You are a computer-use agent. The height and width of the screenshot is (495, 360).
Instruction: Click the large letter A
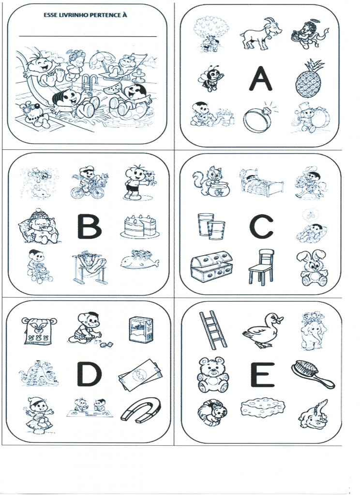(260, 78)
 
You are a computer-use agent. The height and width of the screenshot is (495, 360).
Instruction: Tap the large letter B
(90, 226)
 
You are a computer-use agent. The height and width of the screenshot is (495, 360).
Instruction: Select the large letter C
(261, 226)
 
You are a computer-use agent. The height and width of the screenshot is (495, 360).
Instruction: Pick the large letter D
(90, 374)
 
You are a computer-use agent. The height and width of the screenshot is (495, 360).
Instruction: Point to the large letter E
(263, 375)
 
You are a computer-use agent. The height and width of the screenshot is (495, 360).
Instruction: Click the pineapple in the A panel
(309, 78)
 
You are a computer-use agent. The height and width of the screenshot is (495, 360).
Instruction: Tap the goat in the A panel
(261, 33)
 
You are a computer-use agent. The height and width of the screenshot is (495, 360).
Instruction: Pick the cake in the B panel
(140, 226)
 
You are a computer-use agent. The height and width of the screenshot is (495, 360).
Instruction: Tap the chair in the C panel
(261, 267)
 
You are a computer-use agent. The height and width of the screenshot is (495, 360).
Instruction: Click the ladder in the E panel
(213, 330)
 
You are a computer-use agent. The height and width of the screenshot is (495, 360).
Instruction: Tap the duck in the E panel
(263, 330)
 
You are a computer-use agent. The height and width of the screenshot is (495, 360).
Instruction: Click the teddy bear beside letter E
(213, 375)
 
